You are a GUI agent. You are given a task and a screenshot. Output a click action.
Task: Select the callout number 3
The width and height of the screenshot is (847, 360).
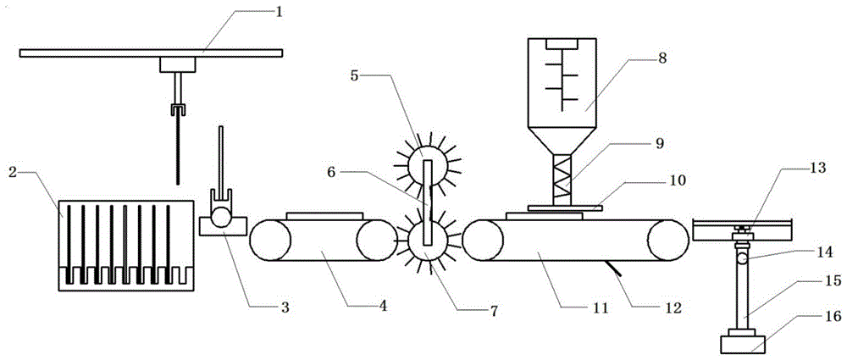(285, 308)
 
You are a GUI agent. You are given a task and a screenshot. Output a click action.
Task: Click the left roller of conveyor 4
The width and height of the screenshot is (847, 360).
(270, 241)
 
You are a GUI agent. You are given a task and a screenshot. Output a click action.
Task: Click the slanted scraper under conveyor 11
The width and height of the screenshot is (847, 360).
(613, 269)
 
